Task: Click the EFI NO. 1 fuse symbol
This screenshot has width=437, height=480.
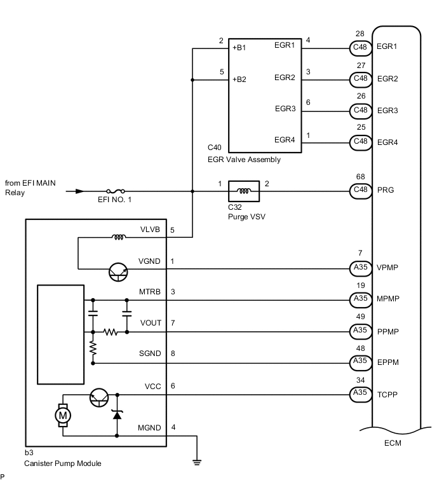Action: pyautogui.click(x=116, y=191)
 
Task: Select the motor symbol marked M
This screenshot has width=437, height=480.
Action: pyautogui.click(x=63, y=416)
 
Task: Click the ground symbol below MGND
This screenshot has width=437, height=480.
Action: pyautogui.click(x=198, y=462)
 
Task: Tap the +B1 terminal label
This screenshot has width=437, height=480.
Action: pyautogui.click(x=239, y=47)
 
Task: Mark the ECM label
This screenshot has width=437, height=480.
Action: pyautogui.click(x=393, y=444)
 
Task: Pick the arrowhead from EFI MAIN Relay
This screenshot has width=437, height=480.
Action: pyautogui.click(x=79, y=191)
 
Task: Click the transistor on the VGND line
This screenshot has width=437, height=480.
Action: pyautogui.click(x=117, y=271)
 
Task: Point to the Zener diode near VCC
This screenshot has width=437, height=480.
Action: pyautogui.click(x=117, y=416)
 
